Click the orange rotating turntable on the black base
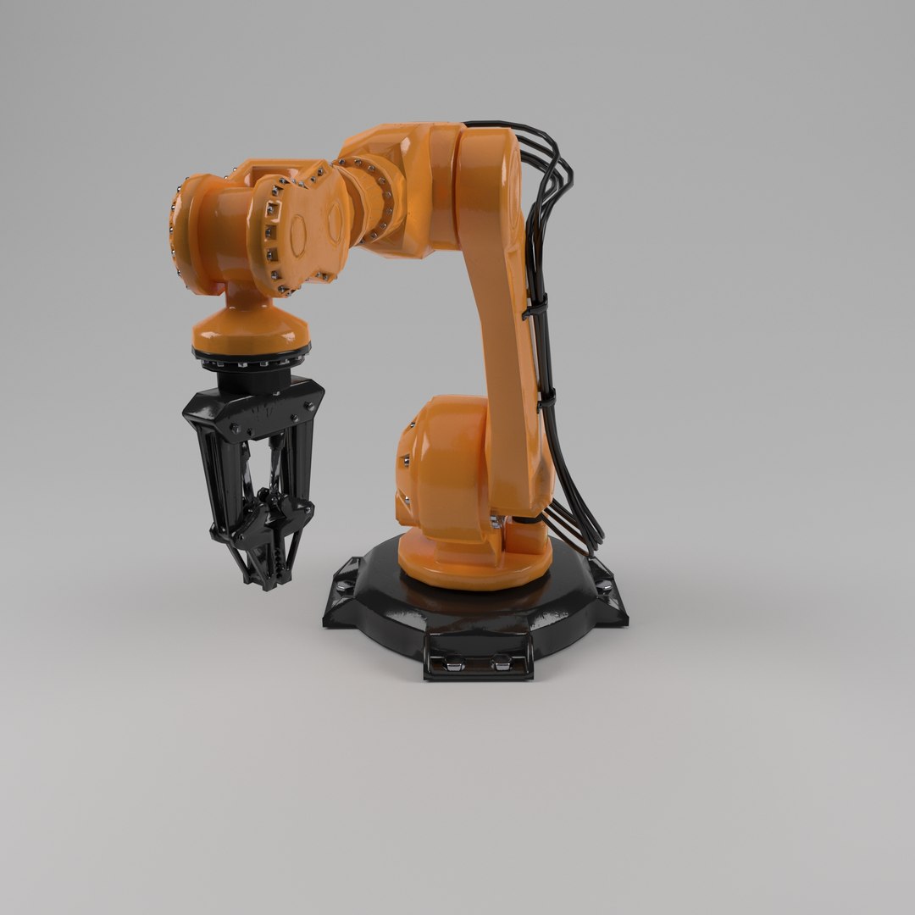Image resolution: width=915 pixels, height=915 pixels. (474, 569)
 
